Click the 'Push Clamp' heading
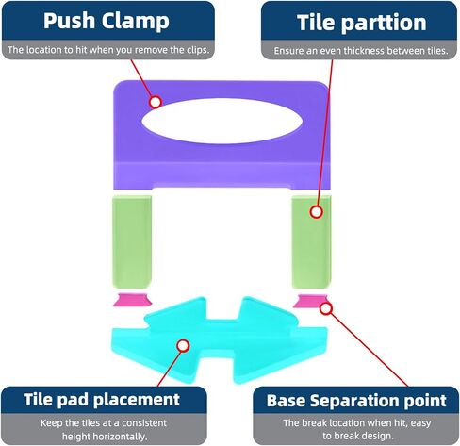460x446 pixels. click(107, 22)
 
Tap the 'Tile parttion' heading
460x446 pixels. click(362, 23)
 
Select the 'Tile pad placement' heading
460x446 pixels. click(102, 400)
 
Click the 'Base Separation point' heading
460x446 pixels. click(356, 401)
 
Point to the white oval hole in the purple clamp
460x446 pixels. click(222, 121)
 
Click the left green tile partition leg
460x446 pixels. click(132, 242)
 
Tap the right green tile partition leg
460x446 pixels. click(311, 242)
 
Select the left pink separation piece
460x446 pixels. click(132, 300)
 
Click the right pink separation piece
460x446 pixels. click(310, 301)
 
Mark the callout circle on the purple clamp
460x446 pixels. click(156, 102)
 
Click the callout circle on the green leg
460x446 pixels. click(317, 212)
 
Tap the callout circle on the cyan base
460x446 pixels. click(183, 346)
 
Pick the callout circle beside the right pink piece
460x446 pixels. click(326, 308)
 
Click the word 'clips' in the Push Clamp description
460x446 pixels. click(199, 50)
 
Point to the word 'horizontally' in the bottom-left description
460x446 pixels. click(105, 437)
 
